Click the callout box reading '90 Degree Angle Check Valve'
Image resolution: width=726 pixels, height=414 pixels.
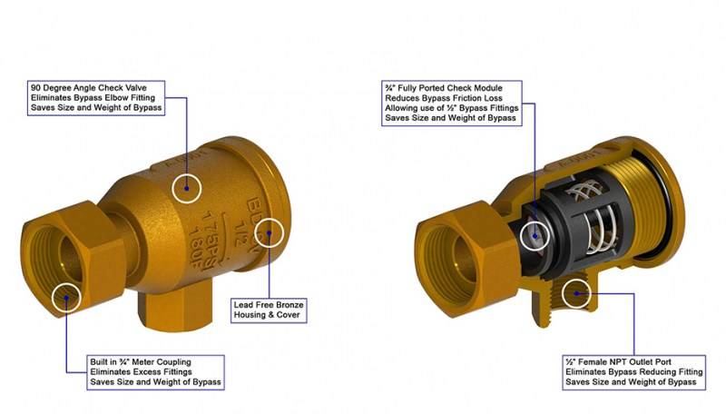96,98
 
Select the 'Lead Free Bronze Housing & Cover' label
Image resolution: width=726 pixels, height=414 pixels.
269,310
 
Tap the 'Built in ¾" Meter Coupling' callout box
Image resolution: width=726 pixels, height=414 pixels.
155,372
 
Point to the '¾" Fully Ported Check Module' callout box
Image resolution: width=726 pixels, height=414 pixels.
452,103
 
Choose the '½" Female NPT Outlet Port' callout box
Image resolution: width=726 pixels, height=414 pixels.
633,372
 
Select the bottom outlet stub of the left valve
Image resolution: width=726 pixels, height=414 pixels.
174,310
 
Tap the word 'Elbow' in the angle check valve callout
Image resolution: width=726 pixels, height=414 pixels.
118,98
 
